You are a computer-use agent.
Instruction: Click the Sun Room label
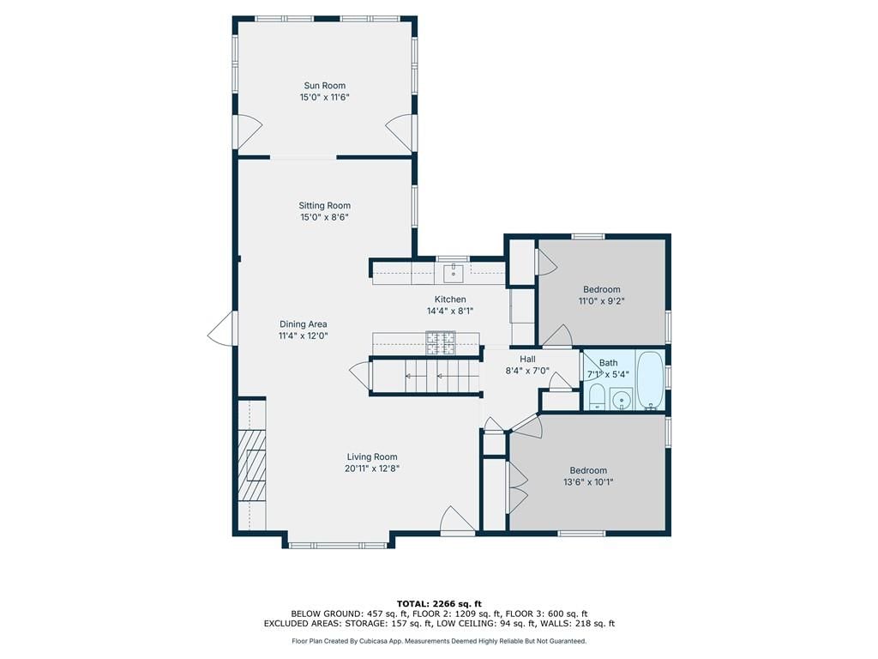(x=325, y=86)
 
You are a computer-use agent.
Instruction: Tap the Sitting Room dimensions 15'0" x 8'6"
(x=325, y=217)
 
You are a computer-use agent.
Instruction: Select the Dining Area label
(x=304, y=323)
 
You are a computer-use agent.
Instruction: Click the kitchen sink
(x=453, y=274)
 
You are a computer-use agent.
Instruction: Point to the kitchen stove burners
(x=441, y=343)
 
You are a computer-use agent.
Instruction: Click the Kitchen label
(x=450, y=299)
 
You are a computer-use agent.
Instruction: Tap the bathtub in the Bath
(x=650, y=380)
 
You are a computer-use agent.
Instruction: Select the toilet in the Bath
(x=597, y=397)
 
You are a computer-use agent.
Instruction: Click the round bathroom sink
(x=620, y=400)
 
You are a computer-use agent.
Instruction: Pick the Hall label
(x=527, y=360)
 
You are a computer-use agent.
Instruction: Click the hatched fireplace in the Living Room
(x=251, y=465)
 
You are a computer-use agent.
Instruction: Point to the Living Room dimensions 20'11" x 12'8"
(x=372, y=469)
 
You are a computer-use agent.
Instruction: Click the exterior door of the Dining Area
(x=223, y=329)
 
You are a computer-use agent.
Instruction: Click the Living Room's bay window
(x=338, y=545)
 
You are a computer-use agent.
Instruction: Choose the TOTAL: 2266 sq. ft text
(x=439, y=603)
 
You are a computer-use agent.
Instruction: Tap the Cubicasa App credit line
(x=439, y=641)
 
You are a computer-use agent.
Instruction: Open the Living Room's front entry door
(x=458, y=519)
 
